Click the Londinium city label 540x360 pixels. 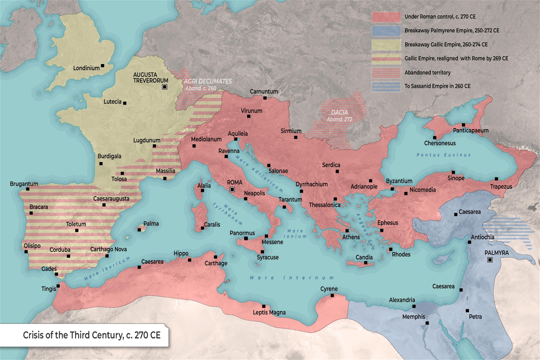click(86, 68)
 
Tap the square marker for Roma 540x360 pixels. click(232, 189)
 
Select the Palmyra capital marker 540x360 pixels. click(490, 260)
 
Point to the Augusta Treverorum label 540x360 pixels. click(150, 78)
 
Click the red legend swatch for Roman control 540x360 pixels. click(386, 17)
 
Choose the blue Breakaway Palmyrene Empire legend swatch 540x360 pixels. click(386, 31)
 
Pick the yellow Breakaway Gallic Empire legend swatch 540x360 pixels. click(386, 45)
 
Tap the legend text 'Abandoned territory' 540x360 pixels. click(427, 73)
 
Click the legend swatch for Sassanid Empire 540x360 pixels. click(386, 86)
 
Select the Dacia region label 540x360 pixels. click(339, 113)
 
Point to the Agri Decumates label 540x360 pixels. click(208, 81)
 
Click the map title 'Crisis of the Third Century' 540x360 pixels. click(91, 335)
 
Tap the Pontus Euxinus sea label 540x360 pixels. click(444, 155)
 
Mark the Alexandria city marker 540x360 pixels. click(414, 306)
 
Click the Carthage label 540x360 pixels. click(216, 264)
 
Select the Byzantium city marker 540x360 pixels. click(392, 189)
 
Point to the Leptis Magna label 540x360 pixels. click(269, 313)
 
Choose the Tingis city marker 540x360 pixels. click(58, 286)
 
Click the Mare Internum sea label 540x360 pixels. click(292, 278)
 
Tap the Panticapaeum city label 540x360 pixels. click(471, 130)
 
